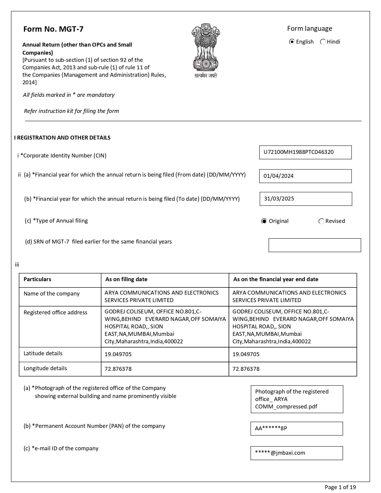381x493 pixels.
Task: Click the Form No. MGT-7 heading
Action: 53,29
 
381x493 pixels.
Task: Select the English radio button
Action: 292,42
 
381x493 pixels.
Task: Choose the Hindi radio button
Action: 323,42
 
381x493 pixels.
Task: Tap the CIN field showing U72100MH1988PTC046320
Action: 305,152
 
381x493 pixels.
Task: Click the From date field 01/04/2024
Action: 305,176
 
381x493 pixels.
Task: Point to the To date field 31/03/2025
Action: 305,199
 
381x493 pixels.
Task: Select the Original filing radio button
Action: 264,221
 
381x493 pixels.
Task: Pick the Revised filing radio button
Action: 321,221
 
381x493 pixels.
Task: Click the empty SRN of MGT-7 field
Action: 314,245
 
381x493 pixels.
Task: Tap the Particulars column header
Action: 37,279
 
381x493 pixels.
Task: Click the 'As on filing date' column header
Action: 126,279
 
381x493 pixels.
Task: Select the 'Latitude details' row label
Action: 43,353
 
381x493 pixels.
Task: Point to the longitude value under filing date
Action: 118,369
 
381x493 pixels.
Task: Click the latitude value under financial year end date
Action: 246,354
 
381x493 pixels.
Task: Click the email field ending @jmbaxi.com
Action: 296,453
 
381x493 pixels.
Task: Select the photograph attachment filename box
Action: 297,399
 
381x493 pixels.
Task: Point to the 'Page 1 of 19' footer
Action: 340,487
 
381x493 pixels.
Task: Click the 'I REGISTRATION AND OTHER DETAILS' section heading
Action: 62,138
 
